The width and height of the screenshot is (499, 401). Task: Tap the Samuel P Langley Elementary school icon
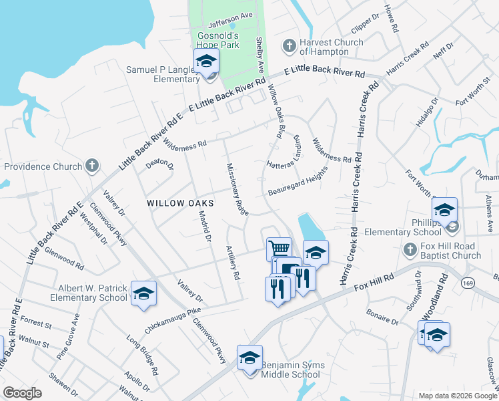(206, 61)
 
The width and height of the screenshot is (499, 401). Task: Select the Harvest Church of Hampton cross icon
(289, 45)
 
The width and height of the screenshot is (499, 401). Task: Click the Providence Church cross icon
(93, 166)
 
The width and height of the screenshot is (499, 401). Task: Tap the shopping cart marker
(280, 249)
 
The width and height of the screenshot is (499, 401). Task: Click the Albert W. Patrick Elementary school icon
(143, 293)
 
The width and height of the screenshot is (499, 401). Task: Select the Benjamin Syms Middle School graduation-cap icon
(249, 358)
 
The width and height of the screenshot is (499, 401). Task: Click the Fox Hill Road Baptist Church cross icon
(411, 250)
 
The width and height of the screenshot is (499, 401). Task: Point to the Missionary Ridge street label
(237, 189)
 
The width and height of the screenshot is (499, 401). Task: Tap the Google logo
(22, 393)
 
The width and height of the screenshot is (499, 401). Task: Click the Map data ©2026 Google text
(457, 395)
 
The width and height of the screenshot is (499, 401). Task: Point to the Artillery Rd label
(233, 262)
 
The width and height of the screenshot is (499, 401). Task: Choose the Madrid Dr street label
(205, 225)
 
